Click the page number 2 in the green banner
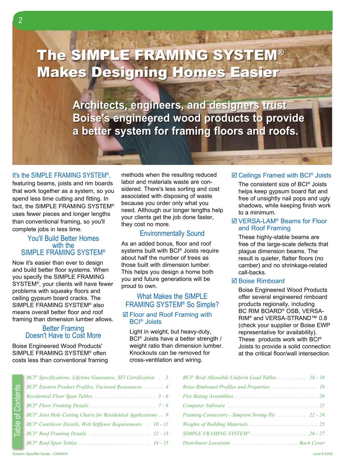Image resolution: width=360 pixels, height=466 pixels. (21, 20)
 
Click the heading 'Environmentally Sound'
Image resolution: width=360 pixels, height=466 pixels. (172, 233)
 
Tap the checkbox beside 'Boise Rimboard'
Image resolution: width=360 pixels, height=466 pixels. (234, 281)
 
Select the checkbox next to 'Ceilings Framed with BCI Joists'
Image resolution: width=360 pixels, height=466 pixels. (234, 175)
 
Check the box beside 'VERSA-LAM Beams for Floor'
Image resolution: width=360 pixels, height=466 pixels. (234, 221)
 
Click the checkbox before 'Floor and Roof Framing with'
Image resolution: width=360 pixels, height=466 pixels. (125, 315)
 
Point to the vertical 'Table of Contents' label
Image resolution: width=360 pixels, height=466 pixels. (18, 411)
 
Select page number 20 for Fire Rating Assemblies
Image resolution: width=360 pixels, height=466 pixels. (322, 396)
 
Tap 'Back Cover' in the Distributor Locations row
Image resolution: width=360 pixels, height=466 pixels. (312, 443)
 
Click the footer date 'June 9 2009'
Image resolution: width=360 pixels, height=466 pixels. (323, 454)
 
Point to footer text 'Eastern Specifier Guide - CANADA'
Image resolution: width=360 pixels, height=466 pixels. (40, 454)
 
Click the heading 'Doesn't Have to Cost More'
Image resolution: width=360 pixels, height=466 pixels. (63, 336)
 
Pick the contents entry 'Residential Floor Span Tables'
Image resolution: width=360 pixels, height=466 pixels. (59, 396)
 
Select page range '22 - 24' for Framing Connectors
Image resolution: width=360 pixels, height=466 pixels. (317, 415)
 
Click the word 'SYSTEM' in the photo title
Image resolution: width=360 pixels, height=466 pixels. (245, 55)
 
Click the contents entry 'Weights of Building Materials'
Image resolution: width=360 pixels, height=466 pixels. (215, 424)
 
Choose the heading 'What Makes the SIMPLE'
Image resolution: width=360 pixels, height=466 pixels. (172, 296)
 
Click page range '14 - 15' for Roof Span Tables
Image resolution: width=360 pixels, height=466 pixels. (161, 443)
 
